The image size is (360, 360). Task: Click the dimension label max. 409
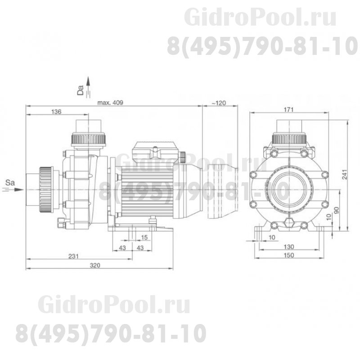[110, 103]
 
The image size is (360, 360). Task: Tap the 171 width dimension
[289, 109]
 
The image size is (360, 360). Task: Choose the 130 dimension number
[289, 247]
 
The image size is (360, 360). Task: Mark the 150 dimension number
[289, 255]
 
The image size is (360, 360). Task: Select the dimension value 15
[144, 237]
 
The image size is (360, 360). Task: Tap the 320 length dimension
[94, 265]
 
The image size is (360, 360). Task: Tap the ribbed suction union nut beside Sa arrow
[45, 189]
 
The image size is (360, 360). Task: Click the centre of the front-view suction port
[289, 189]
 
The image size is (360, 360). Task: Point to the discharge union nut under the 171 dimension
[289, 137]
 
